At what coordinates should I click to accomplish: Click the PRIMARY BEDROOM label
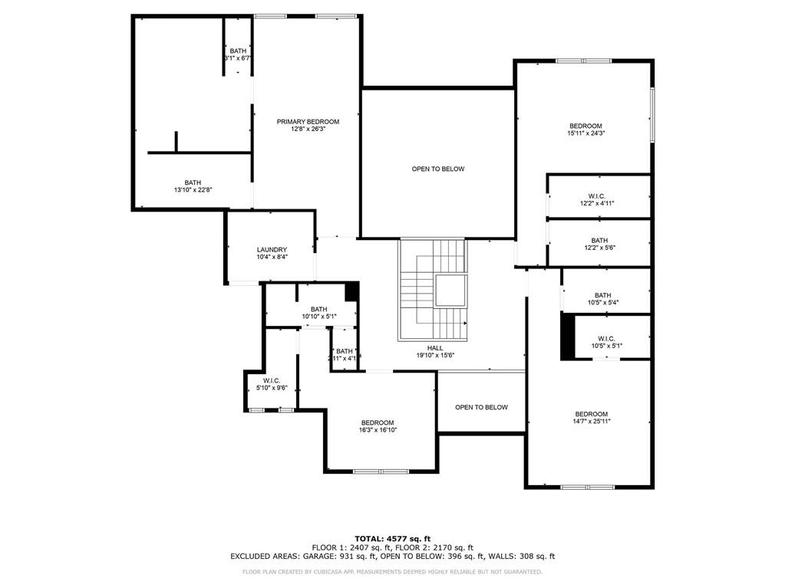point(308,122)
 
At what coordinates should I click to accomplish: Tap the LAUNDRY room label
point(272,250)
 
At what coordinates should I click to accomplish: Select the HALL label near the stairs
point(435,347)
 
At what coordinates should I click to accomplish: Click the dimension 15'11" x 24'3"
point(585,133)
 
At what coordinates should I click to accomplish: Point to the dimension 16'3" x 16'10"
point(378,430)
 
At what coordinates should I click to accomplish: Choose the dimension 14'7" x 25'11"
point(591,421)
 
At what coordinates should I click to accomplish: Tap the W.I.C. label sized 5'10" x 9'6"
point(271,380)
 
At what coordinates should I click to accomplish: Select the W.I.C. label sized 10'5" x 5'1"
point(606,338)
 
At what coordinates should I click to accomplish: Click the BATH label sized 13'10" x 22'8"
point(193,182)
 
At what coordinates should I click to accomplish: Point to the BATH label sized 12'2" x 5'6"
point(599,240)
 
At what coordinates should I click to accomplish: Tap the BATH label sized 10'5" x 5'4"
point(602,295)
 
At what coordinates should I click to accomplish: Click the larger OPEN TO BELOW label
point(437,169)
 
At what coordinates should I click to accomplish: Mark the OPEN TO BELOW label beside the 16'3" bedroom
point(481,407)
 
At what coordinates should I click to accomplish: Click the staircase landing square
point(450,290)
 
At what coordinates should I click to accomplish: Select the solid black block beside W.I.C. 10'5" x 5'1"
point(568,337)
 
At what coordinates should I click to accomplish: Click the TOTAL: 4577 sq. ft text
point(392,537)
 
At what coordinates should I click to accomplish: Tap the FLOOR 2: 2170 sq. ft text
point(435,547)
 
